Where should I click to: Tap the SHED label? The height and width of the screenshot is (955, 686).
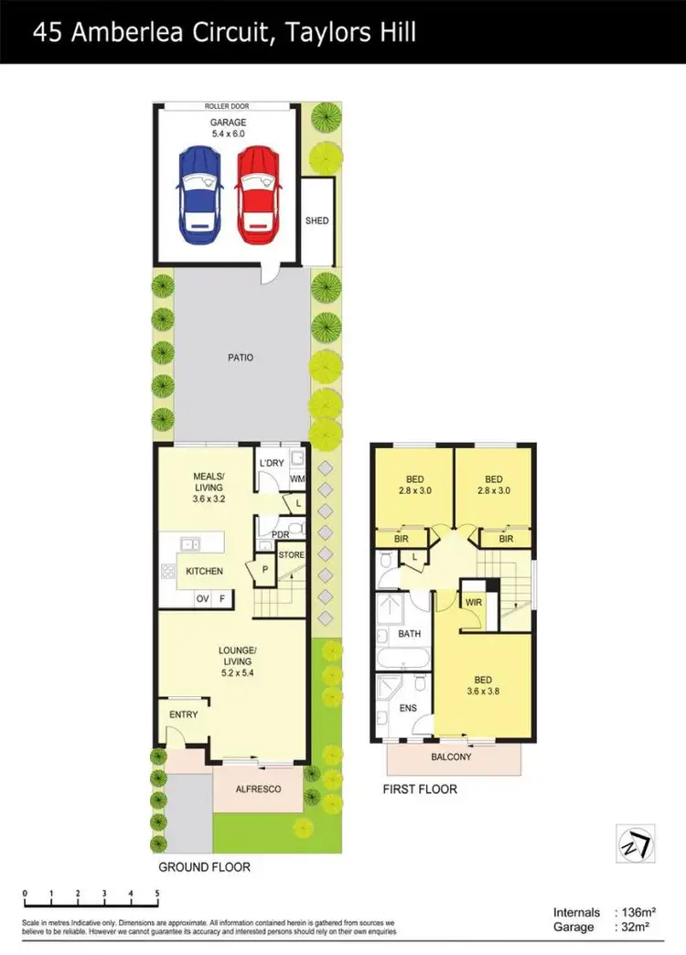[x=317, y=220]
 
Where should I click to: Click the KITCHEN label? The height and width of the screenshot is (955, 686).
[x=204, y=571]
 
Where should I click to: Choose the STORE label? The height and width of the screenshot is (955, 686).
[x=291, y=554]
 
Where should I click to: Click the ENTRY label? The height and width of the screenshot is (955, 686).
[x=184, y=714]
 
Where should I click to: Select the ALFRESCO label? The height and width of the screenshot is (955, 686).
[x=258, y=789]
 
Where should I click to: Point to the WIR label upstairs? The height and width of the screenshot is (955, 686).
[x=474, y=602]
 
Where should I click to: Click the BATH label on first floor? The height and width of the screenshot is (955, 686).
[x=409, y=633]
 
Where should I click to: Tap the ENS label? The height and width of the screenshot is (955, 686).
[x=408, y=707]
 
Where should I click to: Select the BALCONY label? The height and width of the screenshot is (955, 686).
[x=451, y=756]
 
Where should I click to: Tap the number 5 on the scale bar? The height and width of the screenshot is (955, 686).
[x=157, y=893]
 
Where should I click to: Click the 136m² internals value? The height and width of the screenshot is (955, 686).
[x=641, y=912]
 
